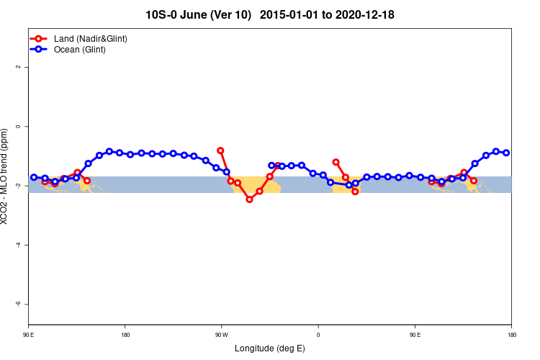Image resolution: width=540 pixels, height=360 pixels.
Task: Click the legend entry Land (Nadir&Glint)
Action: point(91,38)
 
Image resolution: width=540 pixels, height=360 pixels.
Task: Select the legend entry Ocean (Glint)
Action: point(80,49)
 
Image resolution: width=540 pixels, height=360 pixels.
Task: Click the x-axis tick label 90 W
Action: point(221,335)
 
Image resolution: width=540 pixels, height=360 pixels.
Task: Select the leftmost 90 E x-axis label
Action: point(28,335)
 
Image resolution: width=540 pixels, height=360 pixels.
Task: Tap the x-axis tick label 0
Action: point(318,335)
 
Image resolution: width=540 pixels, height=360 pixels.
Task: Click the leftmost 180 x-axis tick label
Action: point(125,335)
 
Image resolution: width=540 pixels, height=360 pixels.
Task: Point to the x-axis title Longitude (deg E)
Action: point(270,348)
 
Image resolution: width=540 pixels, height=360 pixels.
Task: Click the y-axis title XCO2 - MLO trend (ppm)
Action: point(6,176)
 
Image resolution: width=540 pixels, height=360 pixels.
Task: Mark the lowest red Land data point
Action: point(249,199)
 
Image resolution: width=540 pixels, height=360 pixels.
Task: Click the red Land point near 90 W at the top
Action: point(220,150)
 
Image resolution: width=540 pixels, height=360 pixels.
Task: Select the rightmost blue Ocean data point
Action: point(506,153)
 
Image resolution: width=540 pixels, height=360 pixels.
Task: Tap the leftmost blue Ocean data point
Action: point(34,177)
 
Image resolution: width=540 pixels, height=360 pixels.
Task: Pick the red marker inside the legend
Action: point(41,38)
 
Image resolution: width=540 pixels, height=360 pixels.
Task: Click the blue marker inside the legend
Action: point(41,49)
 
